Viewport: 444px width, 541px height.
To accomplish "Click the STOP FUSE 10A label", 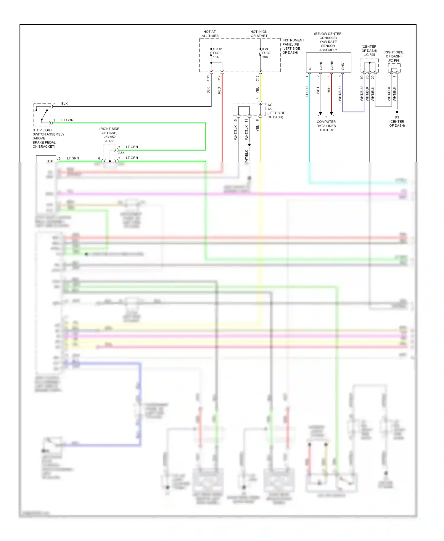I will (217, 53).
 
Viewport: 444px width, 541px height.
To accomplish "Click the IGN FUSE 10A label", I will (266, 53).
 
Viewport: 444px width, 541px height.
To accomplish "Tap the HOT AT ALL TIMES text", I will (210, 34).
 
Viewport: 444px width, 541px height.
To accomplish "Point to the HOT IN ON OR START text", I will (259, 34).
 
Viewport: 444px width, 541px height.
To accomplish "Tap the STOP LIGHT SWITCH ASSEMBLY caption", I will (48, 138).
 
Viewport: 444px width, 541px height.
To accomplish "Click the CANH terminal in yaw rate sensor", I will (332, 66).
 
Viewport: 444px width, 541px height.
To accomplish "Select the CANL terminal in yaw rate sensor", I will (321, 66).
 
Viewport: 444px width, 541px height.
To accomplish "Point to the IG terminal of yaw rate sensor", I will (310, 68).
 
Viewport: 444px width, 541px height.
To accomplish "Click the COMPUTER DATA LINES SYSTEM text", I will (326, 126).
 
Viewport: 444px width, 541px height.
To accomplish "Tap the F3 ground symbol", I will (397, 113).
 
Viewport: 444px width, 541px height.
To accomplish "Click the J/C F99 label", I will (394, 60).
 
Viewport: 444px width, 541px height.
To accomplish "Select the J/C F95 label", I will (369, 55).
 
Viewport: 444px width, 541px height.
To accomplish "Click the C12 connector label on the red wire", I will (219, 78).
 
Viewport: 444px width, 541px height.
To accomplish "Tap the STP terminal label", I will (50, 161).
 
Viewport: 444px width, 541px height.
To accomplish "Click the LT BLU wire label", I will (307, 91).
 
